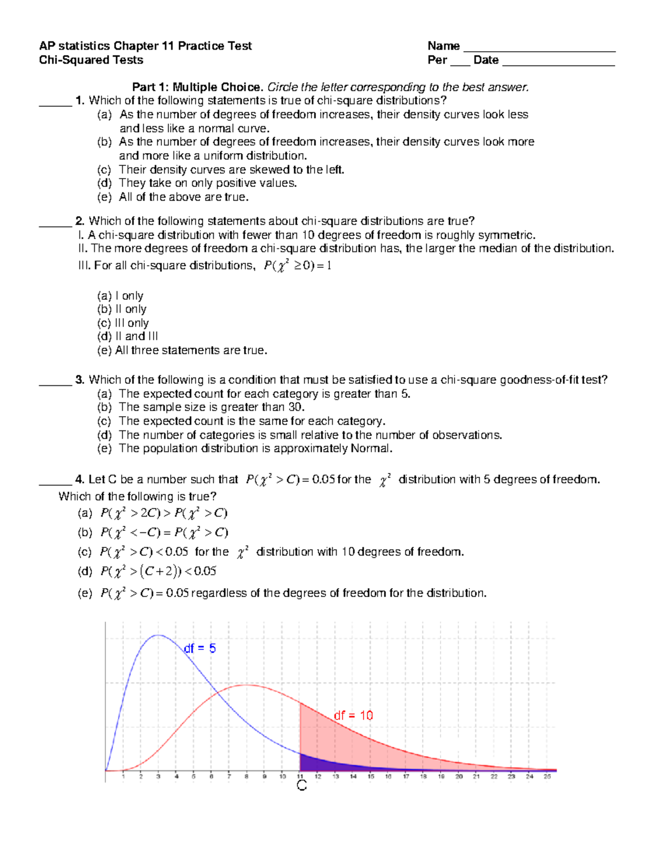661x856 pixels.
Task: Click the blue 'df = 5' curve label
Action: (x=199, y=649)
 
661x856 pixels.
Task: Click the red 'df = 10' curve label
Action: (x=353, y=715)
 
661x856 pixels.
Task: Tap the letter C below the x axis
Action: (x=301, y=786)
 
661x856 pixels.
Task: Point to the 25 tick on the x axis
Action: (x=547, y=777)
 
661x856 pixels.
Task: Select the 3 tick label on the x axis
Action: (x=158, y=777)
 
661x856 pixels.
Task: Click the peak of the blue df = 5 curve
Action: (x=158, y=636)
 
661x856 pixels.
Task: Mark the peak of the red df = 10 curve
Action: (x=247, y=685)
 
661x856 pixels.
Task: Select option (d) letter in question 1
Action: (x=104, y=183)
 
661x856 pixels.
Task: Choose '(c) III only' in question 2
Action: (x=123, y=323)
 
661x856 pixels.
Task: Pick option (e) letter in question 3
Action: (x=104, y=449)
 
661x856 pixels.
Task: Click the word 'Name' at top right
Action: (x=443, y=46)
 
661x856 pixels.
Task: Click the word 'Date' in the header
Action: (x=486, y=60)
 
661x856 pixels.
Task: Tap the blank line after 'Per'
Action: (x=460, y=63)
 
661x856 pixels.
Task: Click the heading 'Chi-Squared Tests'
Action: (x=91, y=60)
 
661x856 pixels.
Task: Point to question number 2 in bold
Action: (x=80, y=221)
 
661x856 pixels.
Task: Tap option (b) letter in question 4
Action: (x=84, y=532)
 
